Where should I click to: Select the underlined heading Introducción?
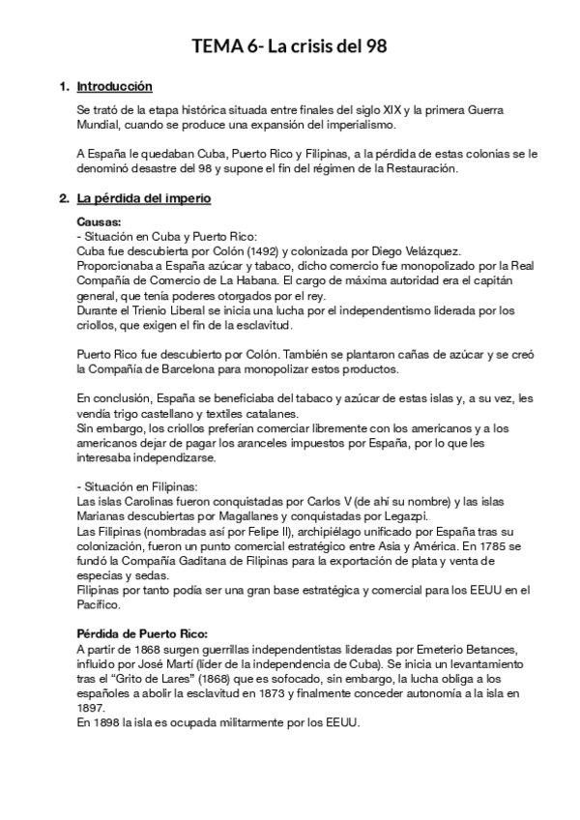click(x=114, y=87)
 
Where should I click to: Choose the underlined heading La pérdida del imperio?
click(x=144, y=199)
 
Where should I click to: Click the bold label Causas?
click(x=99, y=222)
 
